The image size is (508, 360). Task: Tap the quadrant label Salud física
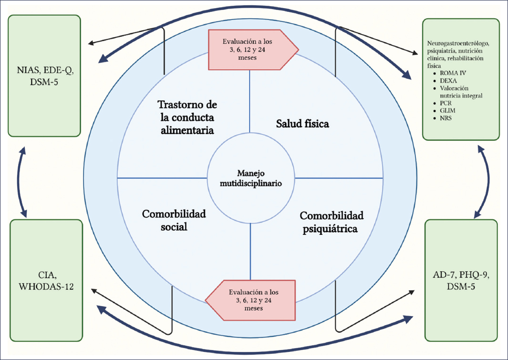(302, 124)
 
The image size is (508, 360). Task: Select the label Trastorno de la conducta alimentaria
(187, 117)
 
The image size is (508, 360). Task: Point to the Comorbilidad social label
(174, 220)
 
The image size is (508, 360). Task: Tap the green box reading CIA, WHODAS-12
(45, 280)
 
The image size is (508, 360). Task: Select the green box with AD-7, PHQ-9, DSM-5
(462, 280)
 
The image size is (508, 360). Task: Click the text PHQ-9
(475, 275)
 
